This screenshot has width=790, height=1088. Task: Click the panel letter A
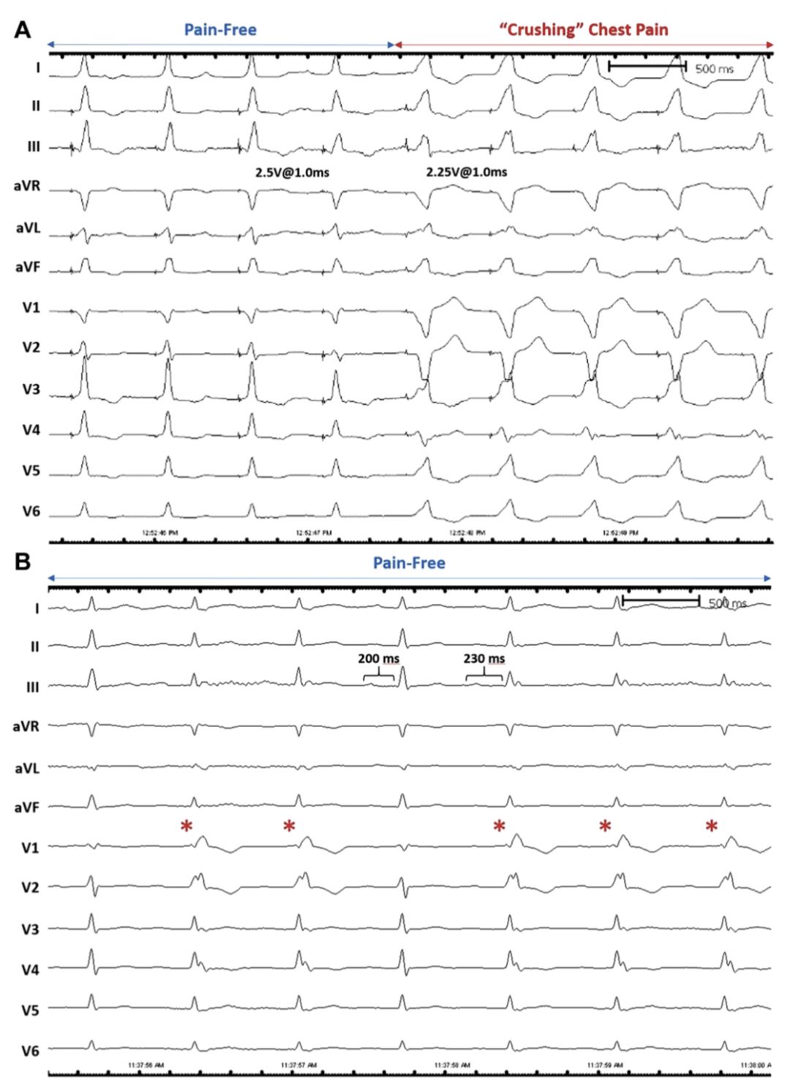pos(23,30)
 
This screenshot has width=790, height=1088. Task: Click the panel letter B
pos(23,562)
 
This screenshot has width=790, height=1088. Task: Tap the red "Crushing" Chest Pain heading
pos(583,30)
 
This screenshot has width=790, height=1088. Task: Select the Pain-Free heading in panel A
pos(220,30)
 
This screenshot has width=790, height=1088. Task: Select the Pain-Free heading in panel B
pos(409,563)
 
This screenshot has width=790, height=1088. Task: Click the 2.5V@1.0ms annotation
pos(292,172)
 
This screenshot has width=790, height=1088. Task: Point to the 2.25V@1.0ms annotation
pos(467,172)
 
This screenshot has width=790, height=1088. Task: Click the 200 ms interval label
pos(378,658)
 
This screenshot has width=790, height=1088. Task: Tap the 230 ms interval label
pos(484,658)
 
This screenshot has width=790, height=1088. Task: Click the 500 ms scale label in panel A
pos(714,69)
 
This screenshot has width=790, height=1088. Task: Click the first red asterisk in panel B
pos(187,827)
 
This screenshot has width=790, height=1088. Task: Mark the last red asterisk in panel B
pos(712,827)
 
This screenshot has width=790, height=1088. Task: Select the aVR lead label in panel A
pos(27,186)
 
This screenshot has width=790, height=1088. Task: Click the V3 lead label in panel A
pos(31,390)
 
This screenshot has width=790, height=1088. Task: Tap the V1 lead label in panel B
pos(30,848)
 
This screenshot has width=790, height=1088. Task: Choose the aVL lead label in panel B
pos(27,768)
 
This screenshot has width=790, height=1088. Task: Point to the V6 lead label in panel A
pos(31,511)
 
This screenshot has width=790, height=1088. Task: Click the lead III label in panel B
pos(33,688)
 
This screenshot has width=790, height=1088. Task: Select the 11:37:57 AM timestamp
pos(298,1065)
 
